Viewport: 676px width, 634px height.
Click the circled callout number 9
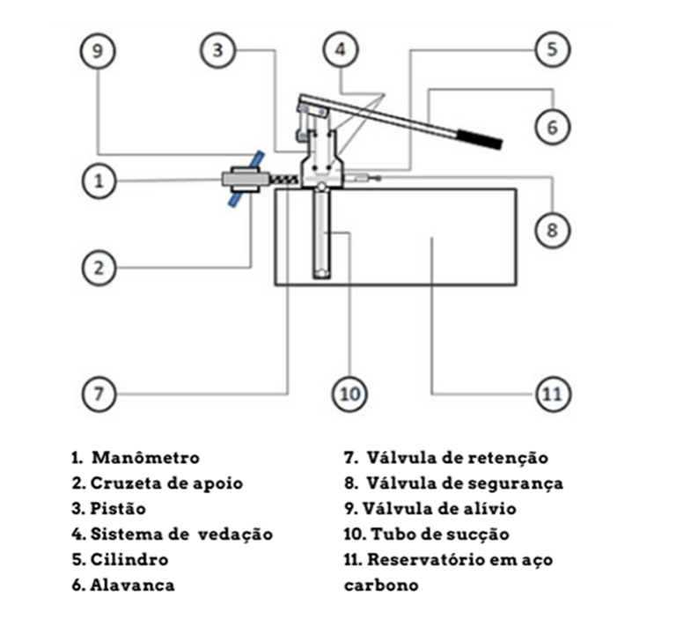point(98,51)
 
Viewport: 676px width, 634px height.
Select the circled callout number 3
point(218,50)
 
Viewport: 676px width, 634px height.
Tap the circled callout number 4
point(339,50)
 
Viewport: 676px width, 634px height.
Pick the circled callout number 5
point(552,50)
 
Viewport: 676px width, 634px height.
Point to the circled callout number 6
point(552,127)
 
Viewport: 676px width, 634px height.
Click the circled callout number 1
point(99,181)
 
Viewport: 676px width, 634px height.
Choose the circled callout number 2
point(99,266)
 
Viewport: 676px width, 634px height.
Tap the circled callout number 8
point(552,230)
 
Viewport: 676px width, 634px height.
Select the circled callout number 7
point(99,394)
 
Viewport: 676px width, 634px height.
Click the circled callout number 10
point(350,394)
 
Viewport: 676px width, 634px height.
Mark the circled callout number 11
point(552,394)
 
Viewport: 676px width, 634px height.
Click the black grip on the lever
point(479,138)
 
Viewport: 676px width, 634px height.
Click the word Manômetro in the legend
point(145,458)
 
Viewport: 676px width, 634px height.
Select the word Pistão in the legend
point(118,508)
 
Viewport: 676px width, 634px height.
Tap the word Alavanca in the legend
point(132,585)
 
